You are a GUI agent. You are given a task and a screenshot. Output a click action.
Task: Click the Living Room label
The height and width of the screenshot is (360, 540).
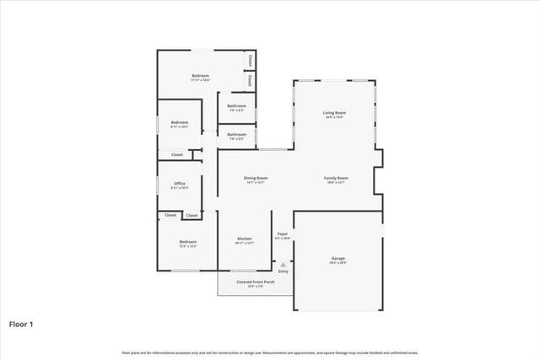click(x=334, y=112)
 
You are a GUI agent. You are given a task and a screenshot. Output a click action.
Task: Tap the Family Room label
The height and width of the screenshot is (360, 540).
click(x=336, y=178)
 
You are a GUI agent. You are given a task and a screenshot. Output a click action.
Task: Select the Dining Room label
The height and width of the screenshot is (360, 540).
click(x=256, y=178)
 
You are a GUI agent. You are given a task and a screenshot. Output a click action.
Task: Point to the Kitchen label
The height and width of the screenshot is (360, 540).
click(x=245, y=239)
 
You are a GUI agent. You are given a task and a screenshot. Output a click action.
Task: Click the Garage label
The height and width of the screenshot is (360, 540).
click(x=337, y=258)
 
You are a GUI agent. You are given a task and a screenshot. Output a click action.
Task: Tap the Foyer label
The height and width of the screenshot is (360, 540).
click(x=283, y=234)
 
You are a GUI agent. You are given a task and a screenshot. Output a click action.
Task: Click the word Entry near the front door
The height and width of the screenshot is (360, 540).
click(x=283, y=271)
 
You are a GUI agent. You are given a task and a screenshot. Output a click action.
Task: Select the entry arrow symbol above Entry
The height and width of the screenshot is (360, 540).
click(x=283, y=264)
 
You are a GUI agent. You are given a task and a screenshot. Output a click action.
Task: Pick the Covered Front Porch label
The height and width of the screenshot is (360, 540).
click(x=256, y=282)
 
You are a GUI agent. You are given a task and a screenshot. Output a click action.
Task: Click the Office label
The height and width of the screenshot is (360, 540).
click(x=180, y=183)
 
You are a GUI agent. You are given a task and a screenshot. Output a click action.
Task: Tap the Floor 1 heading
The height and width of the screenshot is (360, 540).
click(x=21, y=323)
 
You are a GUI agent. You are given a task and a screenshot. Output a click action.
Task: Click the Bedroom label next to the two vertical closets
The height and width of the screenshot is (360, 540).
click(x=200, y=76)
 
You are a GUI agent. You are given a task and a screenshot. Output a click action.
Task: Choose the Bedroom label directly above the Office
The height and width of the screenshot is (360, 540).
click(x=180, y=122)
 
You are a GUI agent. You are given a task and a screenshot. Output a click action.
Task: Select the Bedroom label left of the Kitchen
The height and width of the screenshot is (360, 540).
click(x=187, y=242)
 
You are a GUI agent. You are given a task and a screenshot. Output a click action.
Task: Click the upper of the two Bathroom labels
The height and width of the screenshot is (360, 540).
click(x=236, y=105)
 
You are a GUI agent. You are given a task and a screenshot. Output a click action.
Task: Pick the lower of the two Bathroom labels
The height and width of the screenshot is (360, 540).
click(x=236, y=134)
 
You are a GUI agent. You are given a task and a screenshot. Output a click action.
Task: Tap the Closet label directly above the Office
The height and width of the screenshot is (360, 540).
click(x=177, y=154)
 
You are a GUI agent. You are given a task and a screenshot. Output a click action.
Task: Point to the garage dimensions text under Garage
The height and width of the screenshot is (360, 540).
click(x=337, y=263)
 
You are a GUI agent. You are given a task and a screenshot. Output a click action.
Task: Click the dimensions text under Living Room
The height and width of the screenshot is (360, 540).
click(x=334, y=117)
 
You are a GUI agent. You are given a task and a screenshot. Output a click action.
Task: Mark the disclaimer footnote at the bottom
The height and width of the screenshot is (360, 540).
click(x=270, y=352)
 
